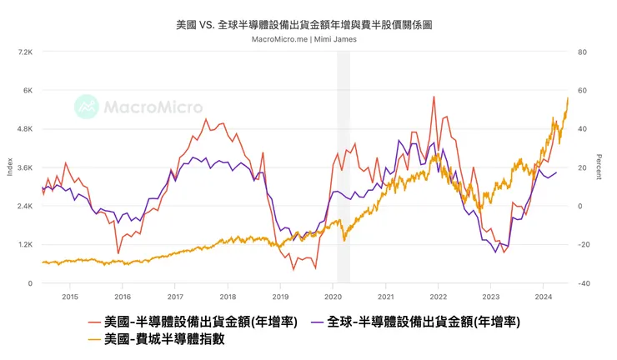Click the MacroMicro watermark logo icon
[x=86, y=106]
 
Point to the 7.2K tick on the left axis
[x=24, y=52]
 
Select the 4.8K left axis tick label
[x=24, y=129]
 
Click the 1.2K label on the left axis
[x=24, y=245]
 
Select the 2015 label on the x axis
[x=70, y=296]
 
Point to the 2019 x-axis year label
[x=280, y=296]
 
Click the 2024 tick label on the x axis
[x=543, y=296]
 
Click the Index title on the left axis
[x=10, y=167]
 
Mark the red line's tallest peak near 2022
[x=434, y=97]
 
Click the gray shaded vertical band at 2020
[x=343, y=167]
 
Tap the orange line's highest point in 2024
[x=568, y=98]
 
